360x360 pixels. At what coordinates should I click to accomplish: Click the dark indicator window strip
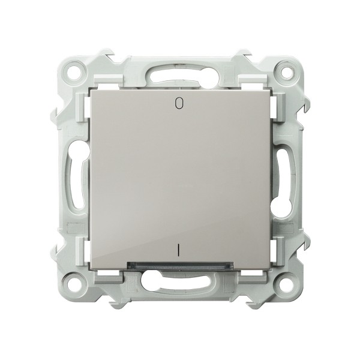tap(180, 265)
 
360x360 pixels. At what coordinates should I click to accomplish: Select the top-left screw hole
tap(75, 70)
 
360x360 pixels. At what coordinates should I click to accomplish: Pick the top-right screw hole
tap(284, 70)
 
